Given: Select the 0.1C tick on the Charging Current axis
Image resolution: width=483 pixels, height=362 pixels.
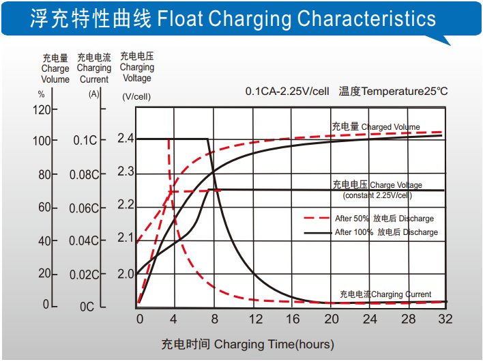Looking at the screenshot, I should (85, 141).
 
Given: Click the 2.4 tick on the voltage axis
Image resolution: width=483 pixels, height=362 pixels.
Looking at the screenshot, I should (126, 139).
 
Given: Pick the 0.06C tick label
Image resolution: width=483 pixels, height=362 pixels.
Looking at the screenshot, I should (83, 208).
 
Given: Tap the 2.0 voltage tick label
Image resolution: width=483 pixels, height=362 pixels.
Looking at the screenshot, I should (126, 274).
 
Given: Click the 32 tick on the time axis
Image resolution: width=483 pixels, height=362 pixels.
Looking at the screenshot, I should (445, 320).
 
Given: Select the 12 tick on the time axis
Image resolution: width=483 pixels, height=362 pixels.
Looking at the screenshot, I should (256, 320).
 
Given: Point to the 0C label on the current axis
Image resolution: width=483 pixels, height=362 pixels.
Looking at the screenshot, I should (87, 307).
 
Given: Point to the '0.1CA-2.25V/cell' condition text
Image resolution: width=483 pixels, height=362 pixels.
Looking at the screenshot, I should (287, 92).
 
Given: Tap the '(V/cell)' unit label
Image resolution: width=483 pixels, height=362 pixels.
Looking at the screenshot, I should (136, 96).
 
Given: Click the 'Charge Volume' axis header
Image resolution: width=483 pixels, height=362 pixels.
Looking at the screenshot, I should (55, 68).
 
